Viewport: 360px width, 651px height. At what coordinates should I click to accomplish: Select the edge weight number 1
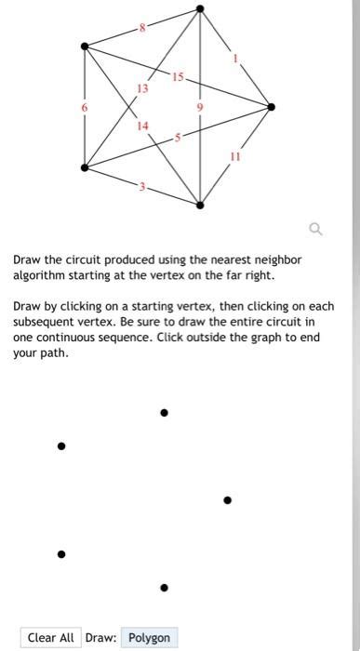pyautogui.click(x=236, y=59)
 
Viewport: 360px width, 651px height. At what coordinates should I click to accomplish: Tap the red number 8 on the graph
pyautogui.click(x=142, y=28)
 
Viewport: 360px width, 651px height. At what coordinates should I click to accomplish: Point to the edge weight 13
pyautogui.click(x=142, y=88)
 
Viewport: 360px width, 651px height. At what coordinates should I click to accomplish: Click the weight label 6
pyautogui.click(x=85, y=108)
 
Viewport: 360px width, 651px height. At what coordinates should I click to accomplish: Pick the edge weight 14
pyautogui.click(x=142, y=124)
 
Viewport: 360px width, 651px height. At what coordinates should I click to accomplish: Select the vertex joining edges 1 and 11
pyautogui.click(x=272, y=107)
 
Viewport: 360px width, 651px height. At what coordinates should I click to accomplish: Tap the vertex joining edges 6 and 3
pyautogui.click(x=86, y=168)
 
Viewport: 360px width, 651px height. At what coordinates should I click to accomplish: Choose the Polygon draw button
pyautogui.click(x=149, y=637)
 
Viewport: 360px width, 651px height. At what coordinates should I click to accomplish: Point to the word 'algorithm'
pyautogui.click(x=40, y=276)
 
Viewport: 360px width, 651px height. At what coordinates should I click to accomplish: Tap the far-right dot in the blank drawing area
pyautogui.click(x=227, y=499)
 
